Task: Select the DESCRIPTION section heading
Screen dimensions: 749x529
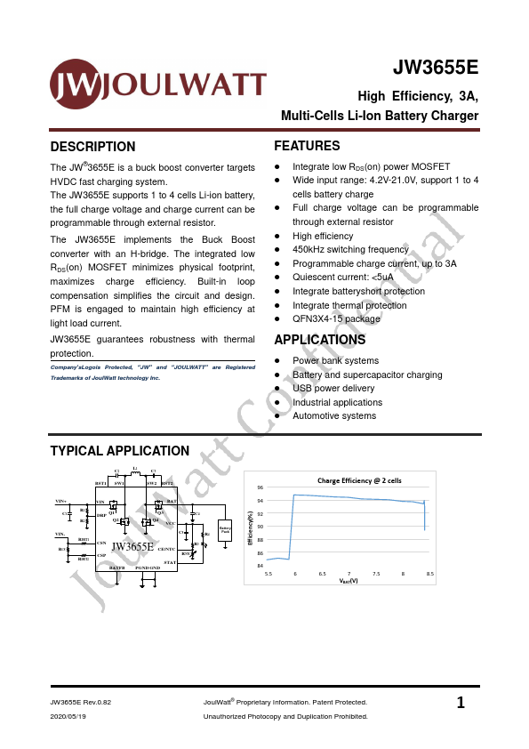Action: (92, 147)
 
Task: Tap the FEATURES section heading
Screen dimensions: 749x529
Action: (307, 146)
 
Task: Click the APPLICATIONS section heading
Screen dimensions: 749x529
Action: (319, 340)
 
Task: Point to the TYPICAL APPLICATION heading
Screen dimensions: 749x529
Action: (119, 451)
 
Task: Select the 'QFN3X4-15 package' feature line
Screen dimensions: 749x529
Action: (336, 318)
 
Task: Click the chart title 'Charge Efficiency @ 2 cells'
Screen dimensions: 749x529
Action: (359, 479)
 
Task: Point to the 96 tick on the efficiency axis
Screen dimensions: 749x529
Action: (260, 488)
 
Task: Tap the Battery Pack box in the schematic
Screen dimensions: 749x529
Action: (225, 531)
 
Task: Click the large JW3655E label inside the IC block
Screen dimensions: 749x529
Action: (132, 546)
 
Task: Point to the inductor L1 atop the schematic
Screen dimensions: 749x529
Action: (134, 473)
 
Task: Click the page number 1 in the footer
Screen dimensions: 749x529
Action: (460, 704)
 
